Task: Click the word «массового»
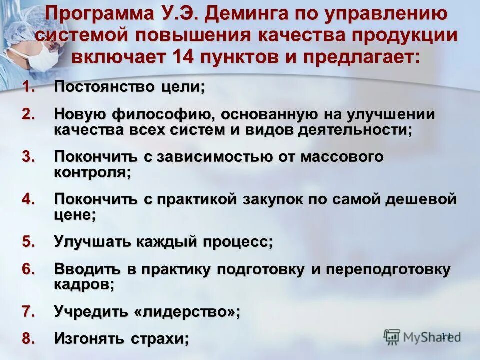pyautogui.click(x=342, y=157)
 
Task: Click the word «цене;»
pyautogui.click(x=75, y=215)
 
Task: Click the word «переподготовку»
pyautogui.click(x=388, y=269)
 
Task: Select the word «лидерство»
pyautogui.click(x=184, y=312)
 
